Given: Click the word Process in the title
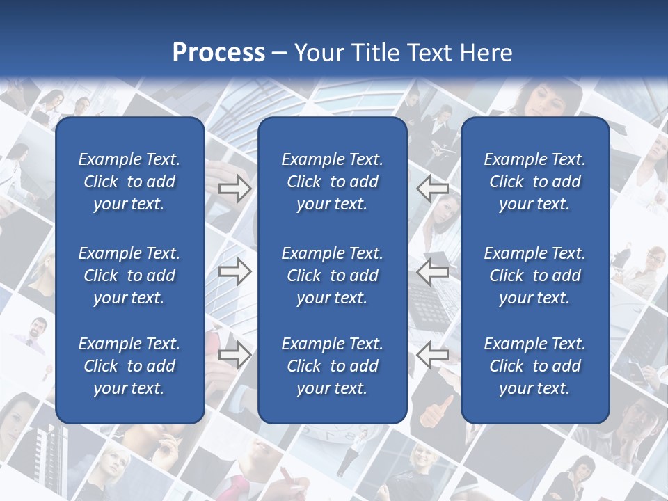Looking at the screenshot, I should coord(218,53).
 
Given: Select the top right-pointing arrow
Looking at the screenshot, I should coord(234,189).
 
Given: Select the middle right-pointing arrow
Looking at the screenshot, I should coord(234,271).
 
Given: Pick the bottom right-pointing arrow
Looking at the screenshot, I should coord(234,356).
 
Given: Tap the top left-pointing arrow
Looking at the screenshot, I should coord(433,189).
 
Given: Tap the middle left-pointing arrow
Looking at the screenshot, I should coord(433,271).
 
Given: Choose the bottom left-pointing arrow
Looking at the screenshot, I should coord(433,356).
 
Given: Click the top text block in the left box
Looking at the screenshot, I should coord(129,182).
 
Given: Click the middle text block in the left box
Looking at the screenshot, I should coord(129,276).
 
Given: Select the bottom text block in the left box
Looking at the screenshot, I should coord(129,366).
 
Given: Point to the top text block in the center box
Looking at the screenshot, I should coord(332,182).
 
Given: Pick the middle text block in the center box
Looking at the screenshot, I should coord(332,276).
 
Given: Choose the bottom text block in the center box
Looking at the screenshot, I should coord(332,366).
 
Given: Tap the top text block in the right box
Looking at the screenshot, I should coord(534,182).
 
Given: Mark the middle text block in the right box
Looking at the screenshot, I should coord(534,276).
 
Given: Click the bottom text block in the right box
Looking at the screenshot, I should coord(534,366).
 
